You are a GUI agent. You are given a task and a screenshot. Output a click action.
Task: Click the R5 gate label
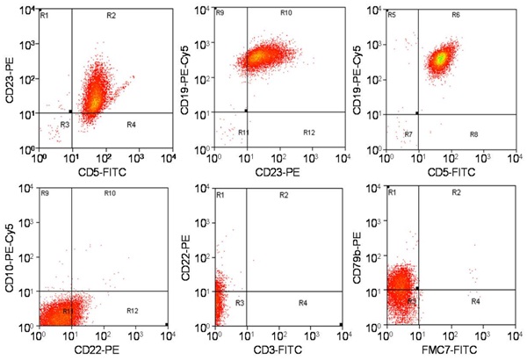[x=393, y=16]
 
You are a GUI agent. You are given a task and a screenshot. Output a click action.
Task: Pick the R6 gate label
[x=456, y=16]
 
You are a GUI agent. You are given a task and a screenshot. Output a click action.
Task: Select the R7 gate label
[x=408, y=134]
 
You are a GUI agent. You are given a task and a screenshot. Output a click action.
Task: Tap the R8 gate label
[x=474, y=133]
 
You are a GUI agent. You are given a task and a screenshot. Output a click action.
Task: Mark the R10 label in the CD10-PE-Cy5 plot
[x=110, y=192]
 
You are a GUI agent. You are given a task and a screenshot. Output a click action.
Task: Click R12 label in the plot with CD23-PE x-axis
[x=308, y=133]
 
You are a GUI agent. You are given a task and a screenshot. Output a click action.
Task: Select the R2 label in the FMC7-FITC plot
[x=456, y=192]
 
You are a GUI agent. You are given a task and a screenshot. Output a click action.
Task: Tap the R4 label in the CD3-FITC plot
[x=302, y=303]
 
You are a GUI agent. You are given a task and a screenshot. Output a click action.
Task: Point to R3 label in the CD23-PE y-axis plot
[x=64, y=126]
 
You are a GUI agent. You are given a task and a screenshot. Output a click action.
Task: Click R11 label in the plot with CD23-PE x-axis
[x=243, y=133]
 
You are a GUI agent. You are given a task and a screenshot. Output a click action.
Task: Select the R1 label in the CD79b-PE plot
[x=393, y=192]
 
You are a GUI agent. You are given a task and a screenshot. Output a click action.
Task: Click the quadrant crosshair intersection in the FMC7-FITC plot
[x=417, y=287]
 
